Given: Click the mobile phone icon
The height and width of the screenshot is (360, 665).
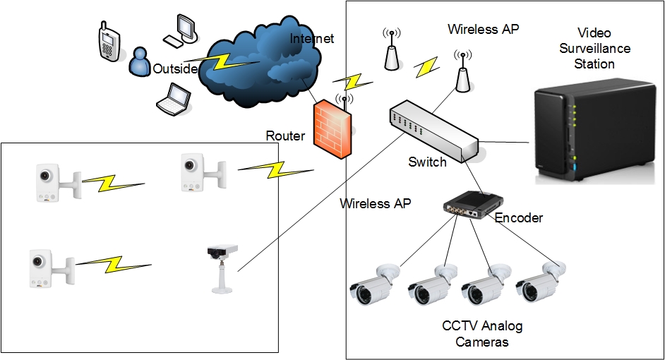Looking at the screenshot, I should coord(107,44).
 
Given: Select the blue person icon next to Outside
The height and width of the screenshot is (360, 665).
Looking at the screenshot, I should coord(139,61).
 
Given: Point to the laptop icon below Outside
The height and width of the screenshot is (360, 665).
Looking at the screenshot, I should coord(172,99).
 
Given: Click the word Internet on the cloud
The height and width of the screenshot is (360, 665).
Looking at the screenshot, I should coord(312,38).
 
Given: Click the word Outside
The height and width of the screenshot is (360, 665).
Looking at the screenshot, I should coord(175,69).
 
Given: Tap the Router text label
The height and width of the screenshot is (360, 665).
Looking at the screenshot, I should coord(285,136).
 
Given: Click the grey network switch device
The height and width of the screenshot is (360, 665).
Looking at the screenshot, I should coord(434,131).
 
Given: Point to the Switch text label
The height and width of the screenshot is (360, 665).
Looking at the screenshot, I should coord(427,162).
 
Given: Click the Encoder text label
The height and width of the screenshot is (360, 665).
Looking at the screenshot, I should coord(519,218).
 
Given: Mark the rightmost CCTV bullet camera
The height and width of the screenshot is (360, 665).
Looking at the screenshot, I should coord(541,283).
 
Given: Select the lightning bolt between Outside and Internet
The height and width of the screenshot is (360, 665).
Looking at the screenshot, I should coord(218,63).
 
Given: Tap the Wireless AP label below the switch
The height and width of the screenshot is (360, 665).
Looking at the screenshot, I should coord(375,204).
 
